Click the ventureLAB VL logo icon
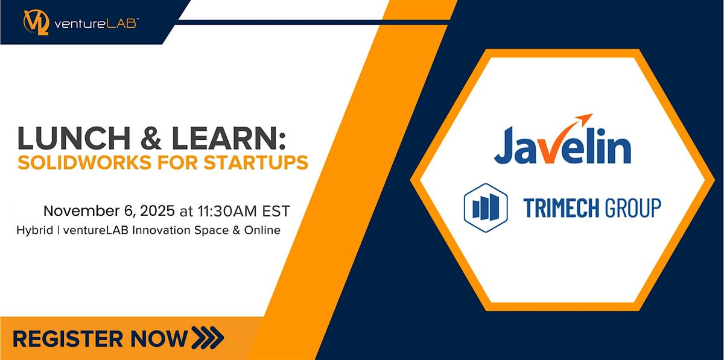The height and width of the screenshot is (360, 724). click(x=34, y=21)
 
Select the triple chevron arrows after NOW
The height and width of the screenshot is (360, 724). click(x=206, y=337)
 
